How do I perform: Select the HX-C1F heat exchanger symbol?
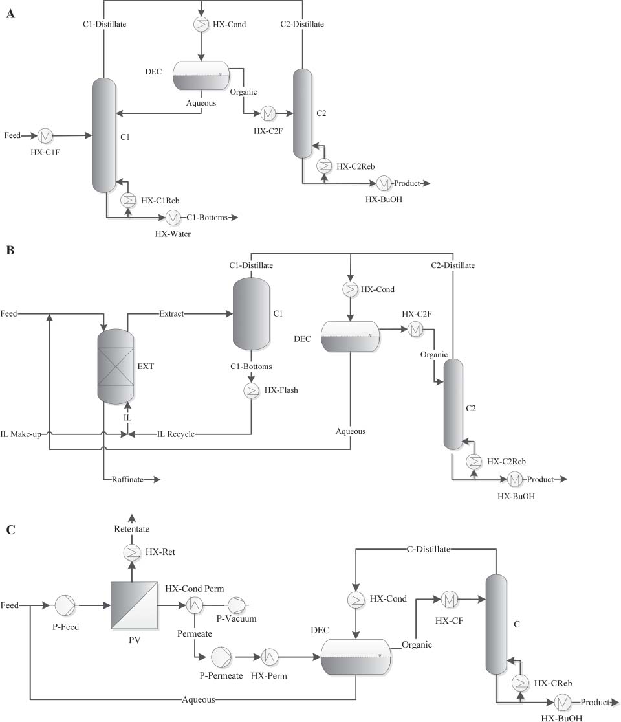[46, 136]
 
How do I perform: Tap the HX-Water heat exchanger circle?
[173, 218]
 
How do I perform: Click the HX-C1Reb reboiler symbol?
[128, 200]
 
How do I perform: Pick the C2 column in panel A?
[303, 113]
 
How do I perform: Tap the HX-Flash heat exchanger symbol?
[250, 390]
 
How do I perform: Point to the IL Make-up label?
[21, 434]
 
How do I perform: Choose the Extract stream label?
[171, 314]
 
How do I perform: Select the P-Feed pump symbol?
[65, 606]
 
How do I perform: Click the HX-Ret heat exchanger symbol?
[132, 552]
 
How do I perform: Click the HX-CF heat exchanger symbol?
[448, 600]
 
